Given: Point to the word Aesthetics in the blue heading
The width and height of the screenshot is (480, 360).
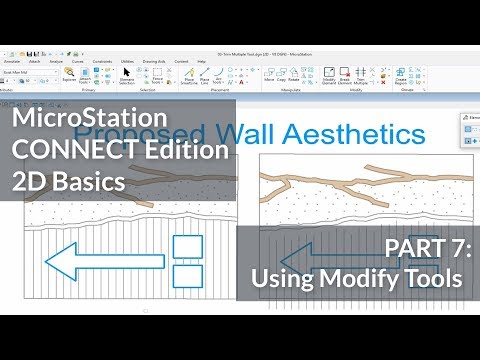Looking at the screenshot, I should pyautogui.click(x=340, y=131).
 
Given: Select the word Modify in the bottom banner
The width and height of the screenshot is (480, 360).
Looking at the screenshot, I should pyautogui.click(x=358, y=278).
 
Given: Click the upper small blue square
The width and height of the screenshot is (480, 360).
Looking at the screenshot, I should pyautogui.click(x=187, y=247).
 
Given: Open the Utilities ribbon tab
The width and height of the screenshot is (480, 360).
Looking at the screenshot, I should pyautogui.click(x=128, y=61).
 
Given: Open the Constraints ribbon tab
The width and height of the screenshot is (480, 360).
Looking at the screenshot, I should pyautogui.click(x=102, y=61).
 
